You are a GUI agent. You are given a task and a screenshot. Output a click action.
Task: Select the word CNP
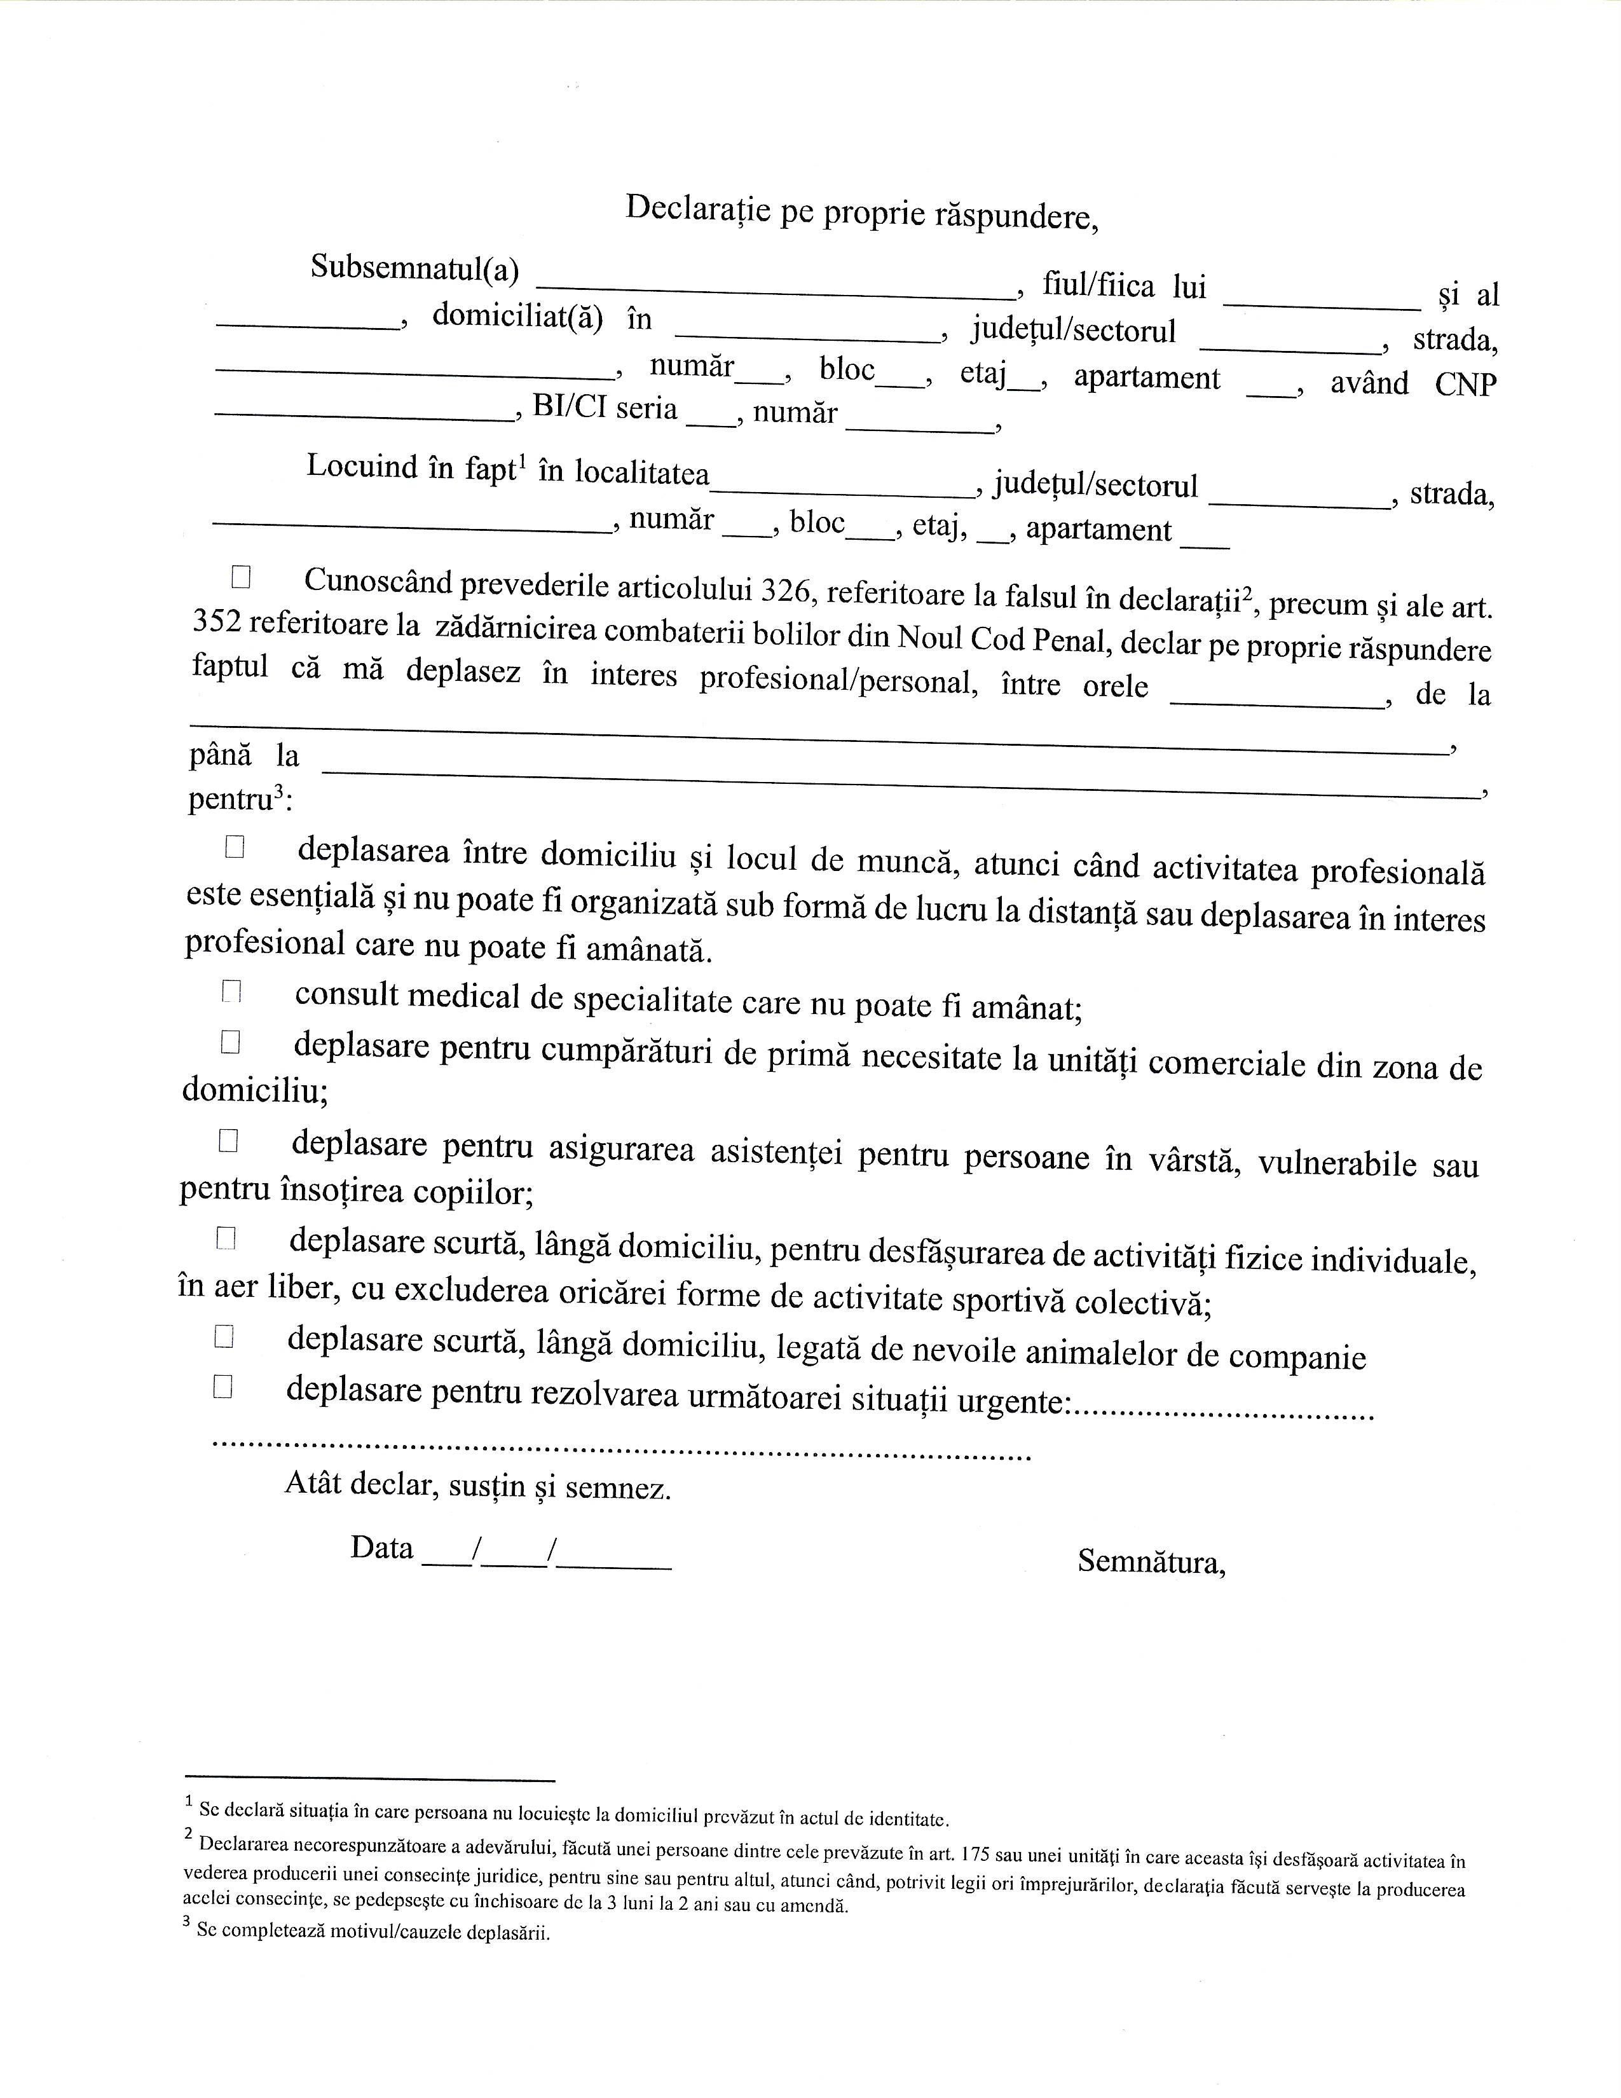pos(1465,384)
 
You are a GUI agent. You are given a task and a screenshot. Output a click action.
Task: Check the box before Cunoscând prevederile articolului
pos(240,577)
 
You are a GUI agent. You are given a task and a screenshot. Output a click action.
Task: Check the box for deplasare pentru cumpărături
pos(229,1042)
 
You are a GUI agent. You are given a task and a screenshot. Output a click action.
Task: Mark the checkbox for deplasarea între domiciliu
pos(235,846)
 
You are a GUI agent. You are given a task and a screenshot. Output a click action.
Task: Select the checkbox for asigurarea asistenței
pos(228,1141)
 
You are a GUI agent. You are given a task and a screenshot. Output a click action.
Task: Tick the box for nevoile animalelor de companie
pos(224,1336)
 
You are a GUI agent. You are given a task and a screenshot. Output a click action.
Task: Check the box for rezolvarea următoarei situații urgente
pos(222,1386)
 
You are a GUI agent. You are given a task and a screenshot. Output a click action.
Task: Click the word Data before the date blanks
pos(381,1547)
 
